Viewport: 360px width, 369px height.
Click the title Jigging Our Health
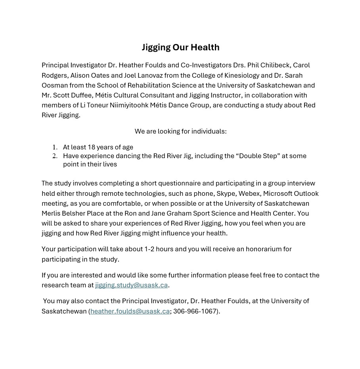(180, 47)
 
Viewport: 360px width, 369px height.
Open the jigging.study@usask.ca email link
(131, 285)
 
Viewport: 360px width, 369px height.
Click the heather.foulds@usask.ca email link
(130, 311)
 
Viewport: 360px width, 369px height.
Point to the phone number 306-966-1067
(195, 311)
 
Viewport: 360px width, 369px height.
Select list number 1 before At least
(55, 147)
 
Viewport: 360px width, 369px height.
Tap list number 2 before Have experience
(55, 156)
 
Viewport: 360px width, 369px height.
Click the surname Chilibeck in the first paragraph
(276, 65)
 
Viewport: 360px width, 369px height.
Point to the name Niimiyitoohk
(129, 105)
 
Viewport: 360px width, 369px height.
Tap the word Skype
(226, 193)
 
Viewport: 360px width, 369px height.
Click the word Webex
(249, 193)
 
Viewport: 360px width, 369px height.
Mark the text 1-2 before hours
(149, 249)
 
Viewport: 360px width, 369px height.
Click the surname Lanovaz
(150, 75)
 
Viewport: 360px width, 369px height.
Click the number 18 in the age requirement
(92, 147)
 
